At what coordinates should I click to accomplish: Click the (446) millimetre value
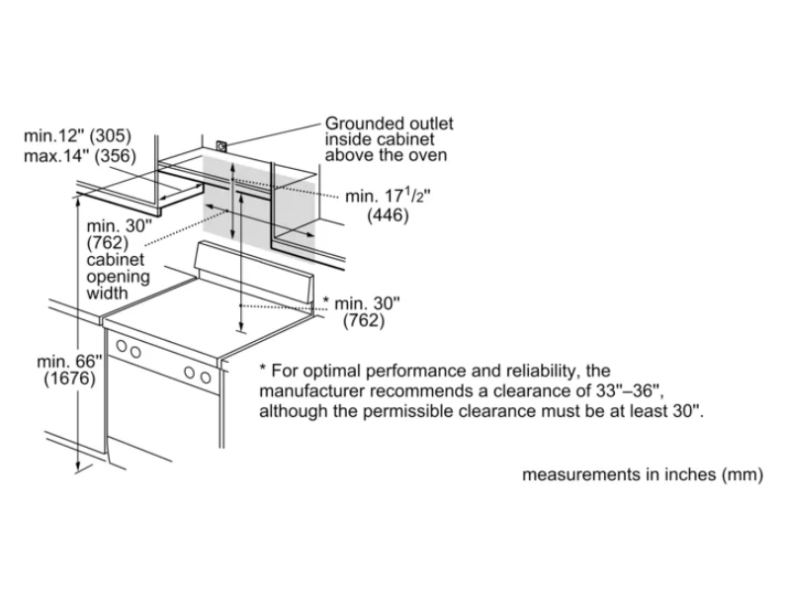point(388,215)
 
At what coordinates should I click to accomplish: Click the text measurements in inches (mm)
point(643,474)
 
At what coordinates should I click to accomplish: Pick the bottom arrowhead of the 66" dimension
point(77,463)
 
